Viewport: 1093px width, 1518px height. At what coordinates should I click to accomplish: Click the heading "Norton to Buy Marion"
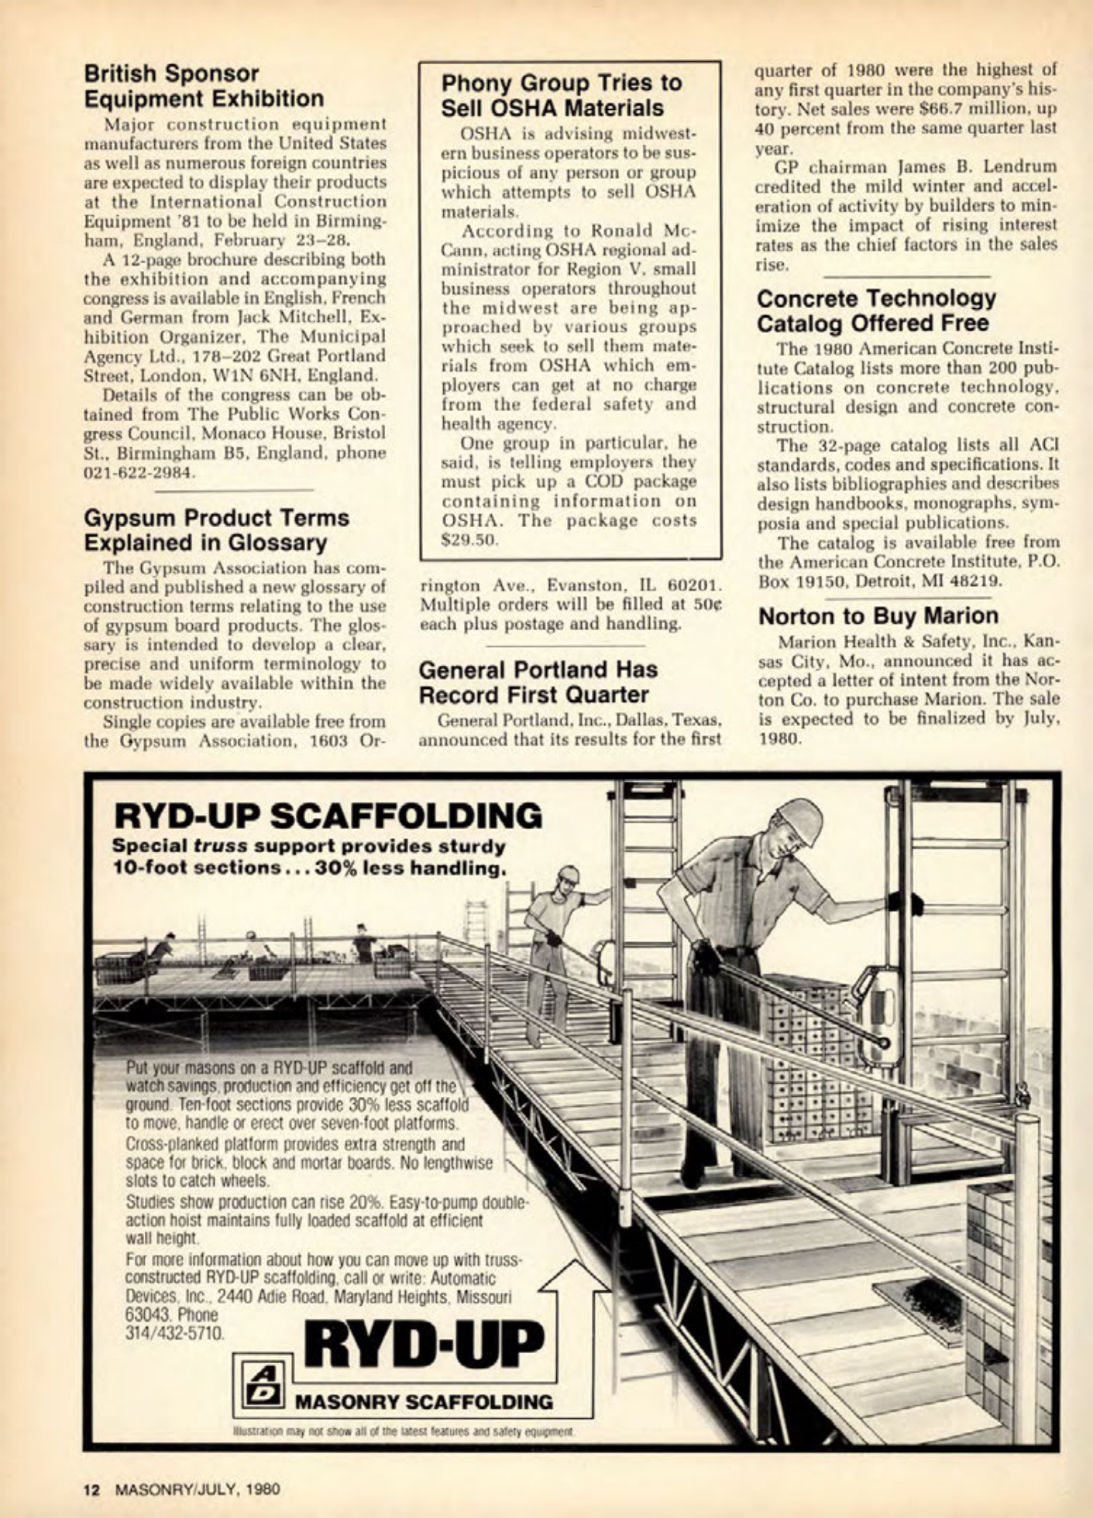click(878, 615)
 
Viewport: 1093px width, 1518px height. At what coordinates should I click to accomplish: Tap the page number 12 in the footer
click(92, 1488)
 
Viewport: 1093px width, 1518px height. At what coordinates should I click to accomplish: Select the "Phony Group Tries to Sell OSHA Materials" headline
click(561, 95)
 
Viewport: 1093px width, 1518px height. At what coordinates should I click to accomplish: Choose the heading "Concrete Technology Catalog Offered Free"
click(876, 310)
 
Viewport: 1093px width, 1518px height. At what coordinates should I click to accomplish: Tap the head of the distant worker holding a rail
click(568, 879)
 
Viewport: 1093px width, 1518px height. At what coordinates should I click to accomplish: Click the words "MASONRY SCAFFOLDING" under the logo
click(425, 1402)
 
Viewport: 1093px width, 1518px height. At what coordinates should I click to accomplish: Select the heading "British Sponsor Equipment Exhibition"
click(204, 86)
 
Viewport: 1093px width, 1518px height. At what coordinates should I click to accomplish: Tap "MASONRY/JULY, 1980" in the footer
click(197, 1488)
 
